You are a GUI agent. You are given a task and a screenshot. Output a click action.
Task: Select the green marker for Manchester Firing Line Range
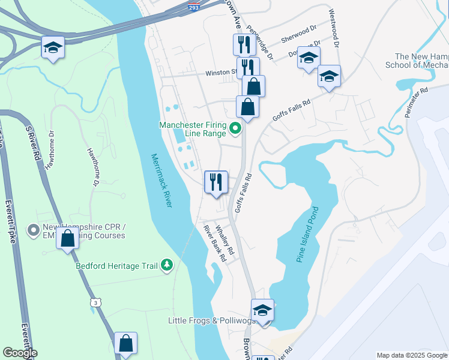[x=235, y=127]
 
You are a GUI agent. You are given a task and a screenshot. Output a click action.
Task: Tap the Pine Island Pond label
[x=307, y=235]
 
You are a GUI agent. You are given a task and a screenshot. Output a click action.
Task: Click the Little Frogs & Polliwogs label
[x=211, y=321]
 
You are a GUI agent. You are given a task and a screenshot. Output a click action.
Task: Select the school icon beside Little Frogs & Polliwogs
[x=262, y=310]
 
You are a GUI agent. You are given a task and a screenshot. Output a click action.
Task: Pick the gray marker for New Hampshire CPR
[x=34, y=229]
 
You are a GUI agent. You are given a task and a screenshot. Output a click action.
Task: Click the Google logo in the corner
[x=20, y=353]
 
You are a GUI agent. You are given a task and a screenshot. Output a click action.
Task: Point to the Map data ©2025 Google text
[x=411, y=355]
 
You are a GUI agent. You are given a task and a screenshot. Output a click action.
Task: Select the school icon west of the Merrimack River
[x=53, y=47]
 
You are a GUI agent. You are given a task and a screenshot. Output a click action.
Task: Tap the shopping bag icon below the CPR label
[x=68, y=239]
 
